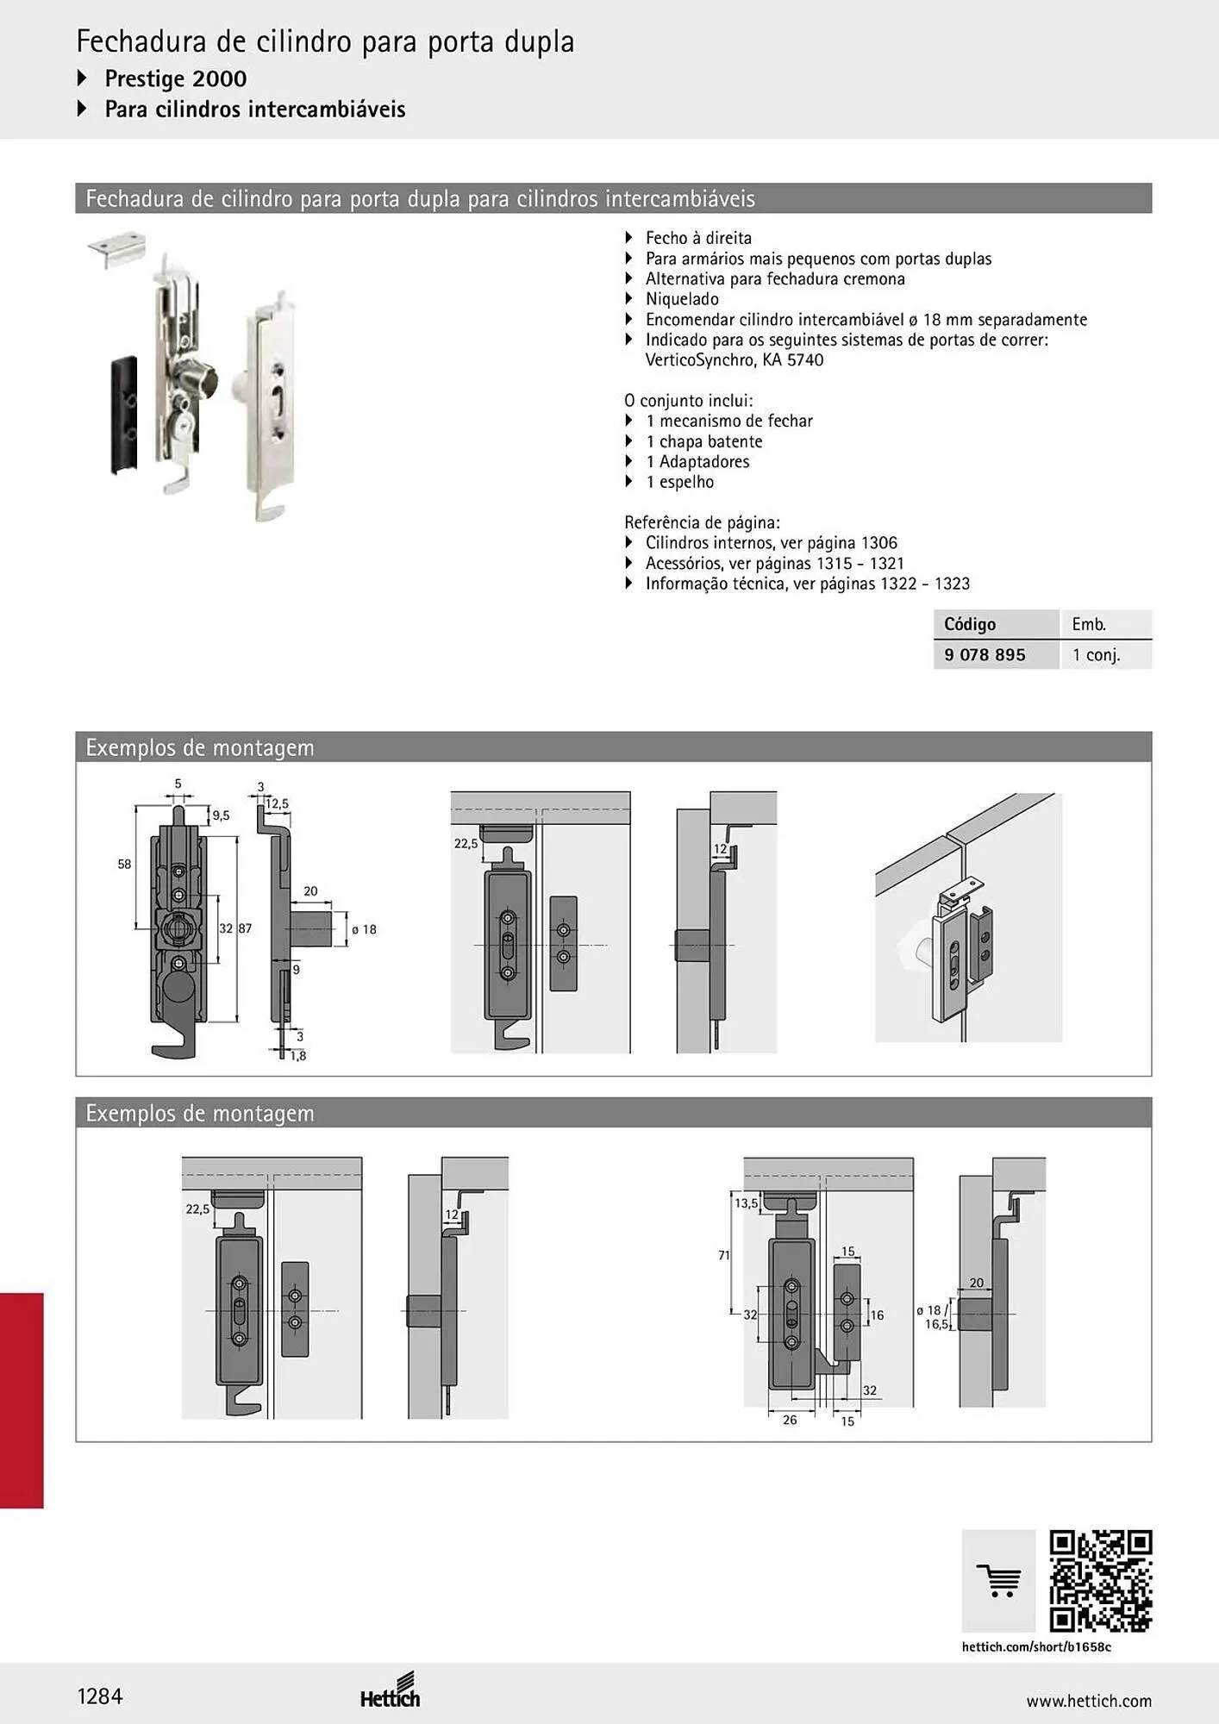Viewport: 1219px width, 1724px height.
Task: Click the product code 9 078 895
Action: pyautogui.click(x=985, y=654)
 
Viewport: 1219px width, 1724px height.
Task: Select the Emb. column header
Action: pyautogui.click(x=1089, y=624)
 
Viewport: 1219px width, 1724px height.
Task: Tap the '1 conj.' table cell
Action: pyautogui.click(x=1096, y=655)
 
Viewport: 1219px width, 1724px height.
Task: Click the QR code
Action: pyautogui.click(x=1101, y=1581)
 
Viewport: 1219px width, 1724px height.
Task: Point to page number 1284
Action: pyautogui.click(x=100, y=1696)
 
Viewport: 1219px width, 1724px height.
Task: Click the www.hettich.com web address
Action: pyautogui.click(x=1089, y=1701)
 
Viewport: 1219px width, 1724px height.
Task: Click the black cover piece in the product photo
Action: pyautogui.click(x=124, y=415)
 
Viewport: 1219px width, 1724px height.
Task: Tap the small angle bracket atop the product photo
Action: pyautogui.click(x=116, y=248)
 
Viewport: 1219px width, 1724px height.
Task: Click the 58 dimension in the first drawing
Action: pyautogui.click(x=124, y=864)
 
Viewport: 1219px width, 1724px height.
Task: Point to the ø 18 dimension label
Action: pyautogui.click(x=364, y=929)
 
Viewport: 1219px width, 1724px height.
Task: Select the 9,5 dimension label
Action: pyautogui.click(x=221, y=815)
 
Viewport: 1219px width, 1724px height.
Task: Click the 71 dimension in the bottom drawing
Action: pyautogui.click(x=724, y=1255)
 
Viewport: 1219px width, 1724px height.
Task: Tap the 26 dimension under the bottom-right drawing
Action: pyautogui.click(x=790, y=1420)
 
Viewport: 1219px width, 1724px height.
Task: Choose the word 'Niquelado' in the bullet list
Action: pyautogui.click(x=682, y=299)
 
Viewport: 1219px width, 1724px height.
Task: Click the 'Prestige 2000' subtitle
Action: pyautogui.click(x=176, y=78)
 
